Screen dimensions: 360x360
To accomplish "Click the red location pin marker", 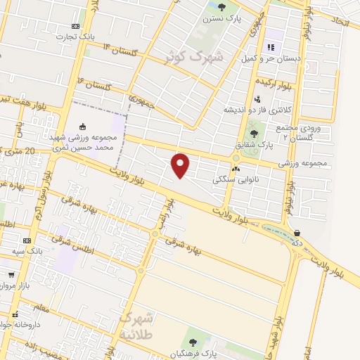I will coord(181,165).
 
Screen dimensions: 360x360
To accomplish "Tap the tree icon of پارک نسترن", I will coord(212,8).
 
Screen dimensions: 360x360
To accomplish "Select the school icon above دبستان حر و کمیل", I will coord(270,48).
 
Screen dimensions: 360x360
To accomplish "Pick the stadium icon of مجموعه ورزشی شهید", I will coord(84,127).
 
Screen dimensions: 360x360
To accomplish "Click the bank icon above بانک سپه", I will coord(27,240).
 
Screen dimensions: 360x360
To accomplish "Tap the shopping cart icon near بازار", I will coord(11,275).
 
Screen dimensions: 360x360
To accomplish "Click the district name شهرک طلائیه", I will coord(135,326).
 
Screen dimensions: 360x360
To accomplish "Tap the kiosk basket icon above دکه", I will coord(297,232).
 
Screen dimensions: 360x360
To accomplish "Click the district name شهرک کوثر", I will coord(193,56).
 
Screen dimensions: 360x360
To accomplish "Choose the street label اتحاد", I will coord(337,22).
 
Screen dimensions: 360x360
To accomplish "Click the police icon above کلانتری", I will coord(258,99).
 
